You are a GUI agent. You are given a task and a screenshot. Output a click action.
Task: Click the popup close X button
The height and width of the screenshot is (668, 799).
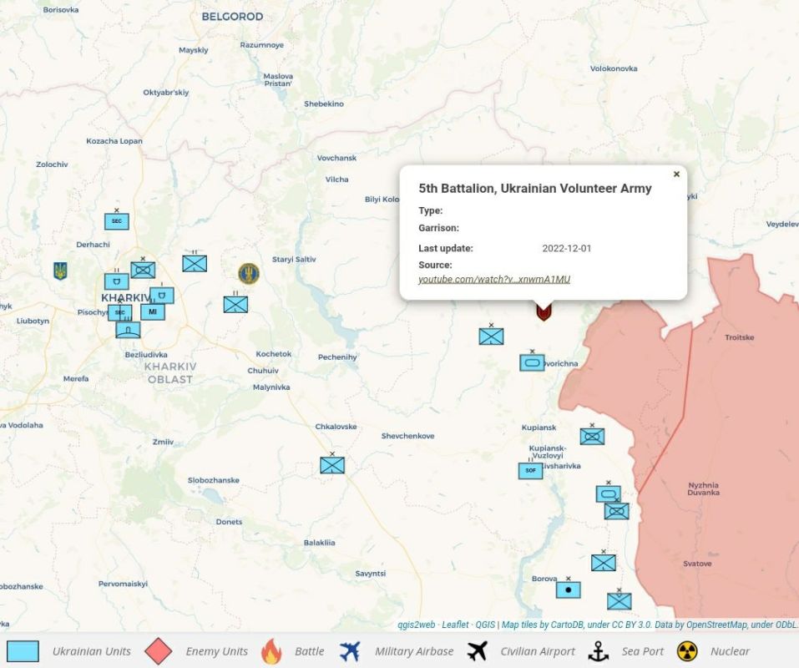tap(676, 175)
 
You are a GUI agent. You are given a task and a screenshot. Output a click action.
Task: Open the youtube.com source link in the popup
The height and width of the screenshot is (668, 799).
tap(494, 279)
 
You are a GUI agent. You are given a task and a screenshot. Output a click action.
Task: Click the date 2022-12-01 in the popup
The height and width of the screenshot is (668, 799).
tap(567, 248)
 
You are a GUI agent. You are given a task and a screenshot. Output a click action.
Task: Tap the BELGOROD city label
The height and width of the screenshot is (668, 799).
tap(232, 17)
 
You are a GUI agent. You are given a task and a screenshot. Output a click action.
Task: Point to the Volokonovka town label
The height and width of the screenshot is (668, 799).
tap(614, 68)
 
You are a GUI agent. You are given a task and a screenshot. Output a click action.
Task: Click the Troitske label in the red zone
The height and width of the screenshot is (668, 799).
tap(739, 337)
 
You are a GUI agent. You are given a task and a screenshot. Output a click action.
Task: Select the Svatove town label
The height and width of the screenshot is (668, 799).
tap(697, 564)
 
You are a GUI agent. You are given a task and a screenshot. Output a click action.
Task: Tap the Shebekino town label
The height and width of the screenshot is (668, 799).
tap(324, 104)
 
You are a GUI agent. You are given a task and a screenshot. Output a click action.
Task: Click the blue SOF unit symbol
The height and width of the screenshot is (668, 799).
tap(530, 471)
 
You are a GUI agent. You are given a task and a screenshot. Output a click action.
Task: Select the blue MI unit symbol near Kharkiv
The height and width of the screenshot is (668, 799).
tap(152, 311)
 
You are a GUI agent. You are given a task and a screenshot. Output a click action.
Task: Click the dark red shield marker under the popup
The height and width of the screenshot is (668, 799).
tap(544, 312)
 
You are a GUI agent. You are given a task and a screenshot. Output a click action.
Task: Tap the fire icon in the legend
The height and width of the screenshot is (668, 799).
tap(271, 651)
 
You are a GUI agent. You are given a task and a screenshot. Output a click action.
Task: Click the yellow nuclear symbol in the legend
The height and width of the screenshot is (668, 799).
tap(687, 651)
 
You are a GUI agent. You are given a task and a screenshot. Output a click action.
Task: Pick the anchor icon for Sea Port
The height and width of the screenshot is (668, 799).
tap(599, 651)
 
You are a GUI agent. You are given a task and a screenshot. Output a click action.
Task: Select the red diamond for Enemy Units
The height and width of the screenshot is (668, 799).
tap(159, 651)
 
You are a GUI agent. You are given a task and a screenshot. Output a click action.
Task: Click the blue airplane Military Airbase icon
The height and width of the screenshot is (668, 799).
tap(351, 651)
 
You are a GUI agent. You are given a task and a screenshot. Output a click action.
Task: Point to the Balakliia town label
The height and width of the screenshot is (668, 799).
tap(319, 543)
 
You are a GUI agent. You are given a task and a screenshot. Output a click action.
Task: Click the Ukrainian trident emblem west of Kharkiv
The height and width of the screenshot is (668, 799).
tap(60, 271)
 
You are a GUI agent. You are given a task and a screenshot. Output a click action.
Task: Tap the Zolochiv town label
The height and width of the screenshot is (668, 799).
tap(52, 164)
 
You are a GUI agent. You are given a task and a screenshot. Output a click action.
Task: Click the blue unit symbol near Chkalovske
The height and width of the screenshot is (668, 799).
tap(332, 465)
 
